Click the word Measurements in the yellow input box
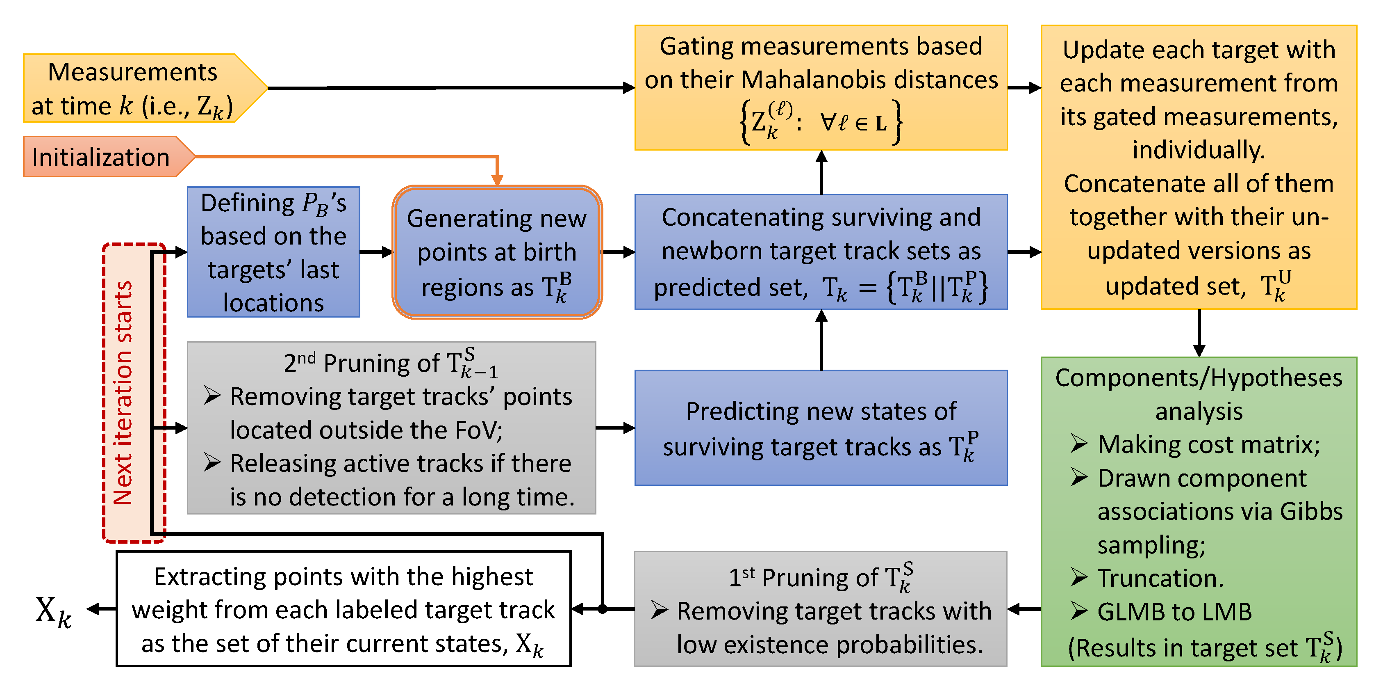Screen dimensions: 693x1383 (x=133, y=72)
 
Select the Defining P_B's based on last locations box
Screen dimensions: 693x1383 (x=273, y=252)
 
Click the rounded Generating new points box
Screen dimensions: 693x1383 (x=497, y=252)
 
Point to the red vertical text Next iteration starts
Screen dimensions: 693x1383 (x=123, y=392)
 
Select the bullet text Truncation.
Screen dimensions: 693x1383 (x=1160, y=579)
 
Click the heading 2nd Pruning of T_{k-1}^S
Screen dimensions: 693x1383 (x=391, y=363)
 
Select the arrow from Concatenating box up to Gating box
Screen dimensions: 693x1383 (x=821, y=172)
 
